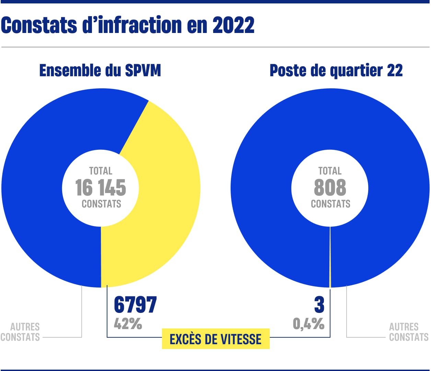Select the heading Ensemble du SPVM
click(100, 70)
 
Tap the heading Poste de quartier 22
click(336, 70)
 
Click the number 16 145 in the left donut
click(101, 188)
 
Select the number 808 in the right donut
click(330, 188)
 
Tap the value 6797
click(135, 304)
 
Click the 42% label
click(128, 324)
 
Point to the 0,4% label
click(308, 324)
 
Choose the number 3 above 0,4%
click(319, 304)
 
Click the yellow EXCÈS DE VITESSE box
click(215, 339)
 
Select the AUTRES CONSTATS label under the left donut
click(21, 332)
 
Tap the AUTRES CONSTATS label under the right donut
click(408, 332)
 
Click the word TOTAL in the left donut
click(101, 171)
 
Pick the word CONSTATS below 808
click(330, 204)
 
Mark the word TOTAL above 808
click(330, 171)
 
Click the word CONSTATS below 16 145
click(101, 204)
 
